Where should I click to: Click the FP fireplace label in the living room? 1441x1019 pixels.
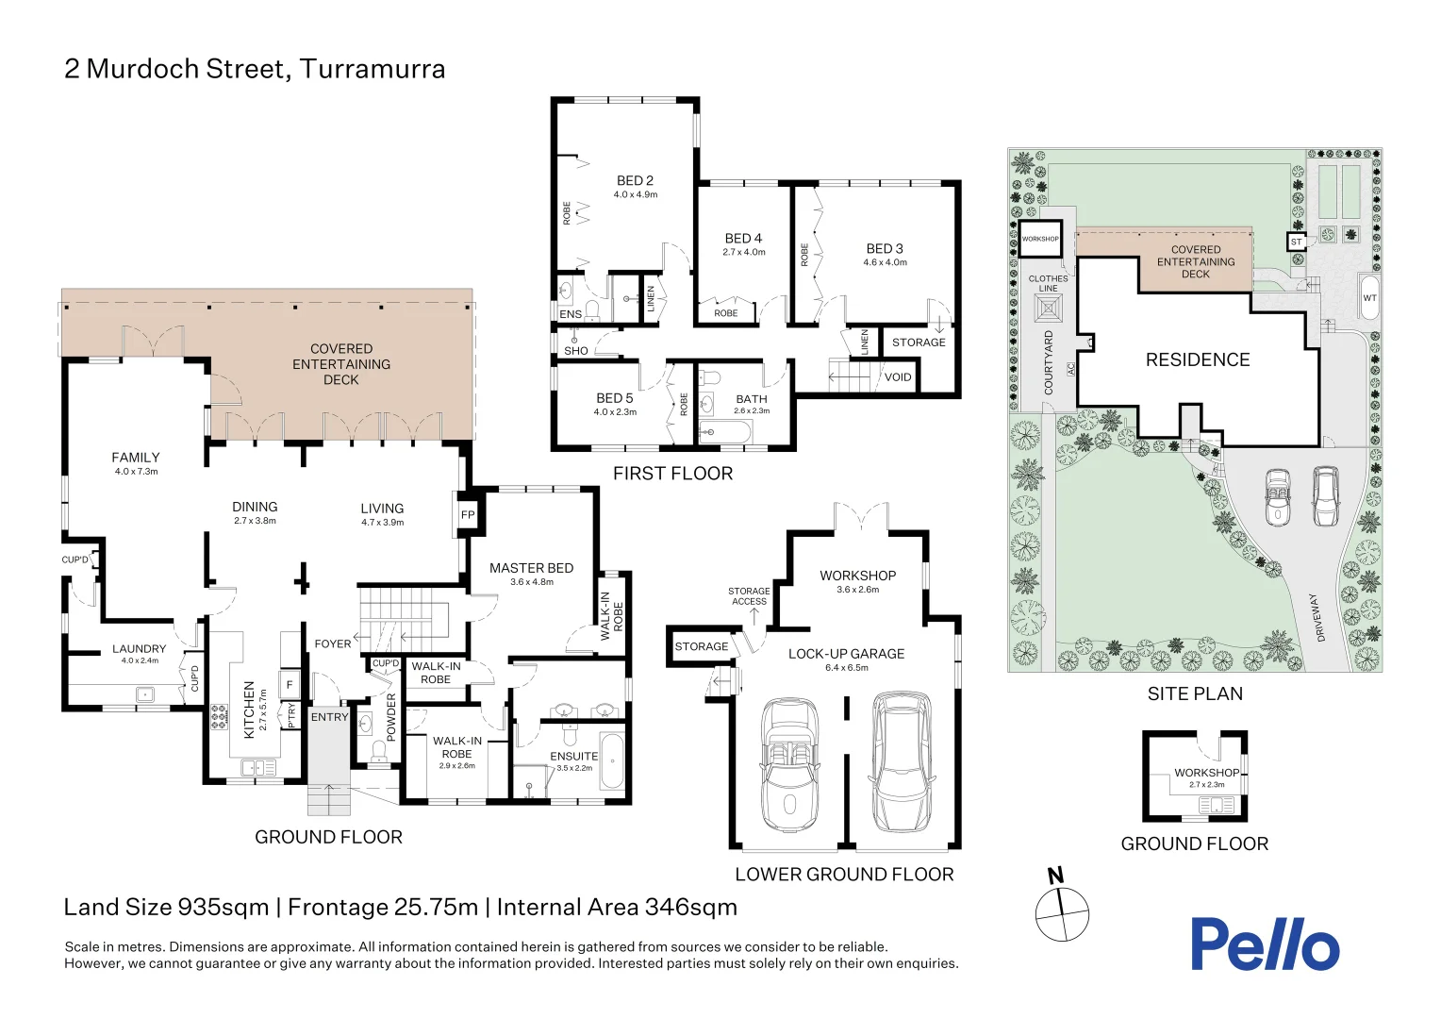468,515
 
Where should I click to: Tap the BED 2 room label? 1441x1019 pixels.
635,181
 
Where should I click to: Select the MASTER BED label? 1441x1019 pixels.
531,568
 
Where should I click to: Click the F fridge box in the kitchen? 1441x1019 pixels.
290,685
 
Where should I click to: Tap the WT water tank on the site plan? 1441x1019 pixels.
1369,297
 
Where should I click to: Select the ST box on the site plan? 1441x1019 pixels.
1297,242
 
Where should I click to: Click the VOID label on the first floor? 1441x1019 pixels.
898,377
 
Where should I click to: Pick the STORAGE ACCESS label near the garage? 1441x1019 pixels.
749,596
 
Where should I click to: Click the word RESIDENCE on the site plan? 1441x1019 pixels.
1198,359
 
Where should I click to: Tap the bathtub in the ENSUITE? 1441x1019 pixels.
611,761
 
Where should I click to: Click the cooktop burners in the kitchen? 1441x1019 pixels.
220,718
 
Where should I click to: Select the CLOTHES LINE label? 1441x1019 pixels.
1048,284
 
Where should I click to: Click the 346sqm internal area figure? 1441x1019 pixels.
691,907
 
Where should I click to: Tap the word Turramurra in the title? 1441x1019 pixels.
373,69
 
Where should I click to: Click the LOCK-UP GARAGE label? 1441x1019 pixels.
847,654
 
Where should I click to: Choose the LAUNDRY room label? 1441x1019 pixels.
139,649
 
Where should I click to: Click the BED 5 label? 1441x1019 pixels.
614,398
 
